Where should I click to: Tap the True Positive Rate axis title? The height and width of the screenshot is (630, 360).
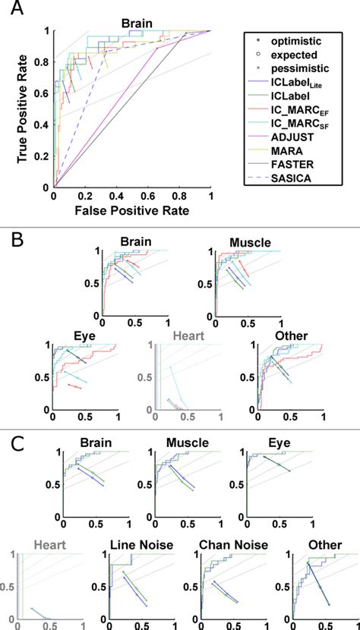tap(11, 109)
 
